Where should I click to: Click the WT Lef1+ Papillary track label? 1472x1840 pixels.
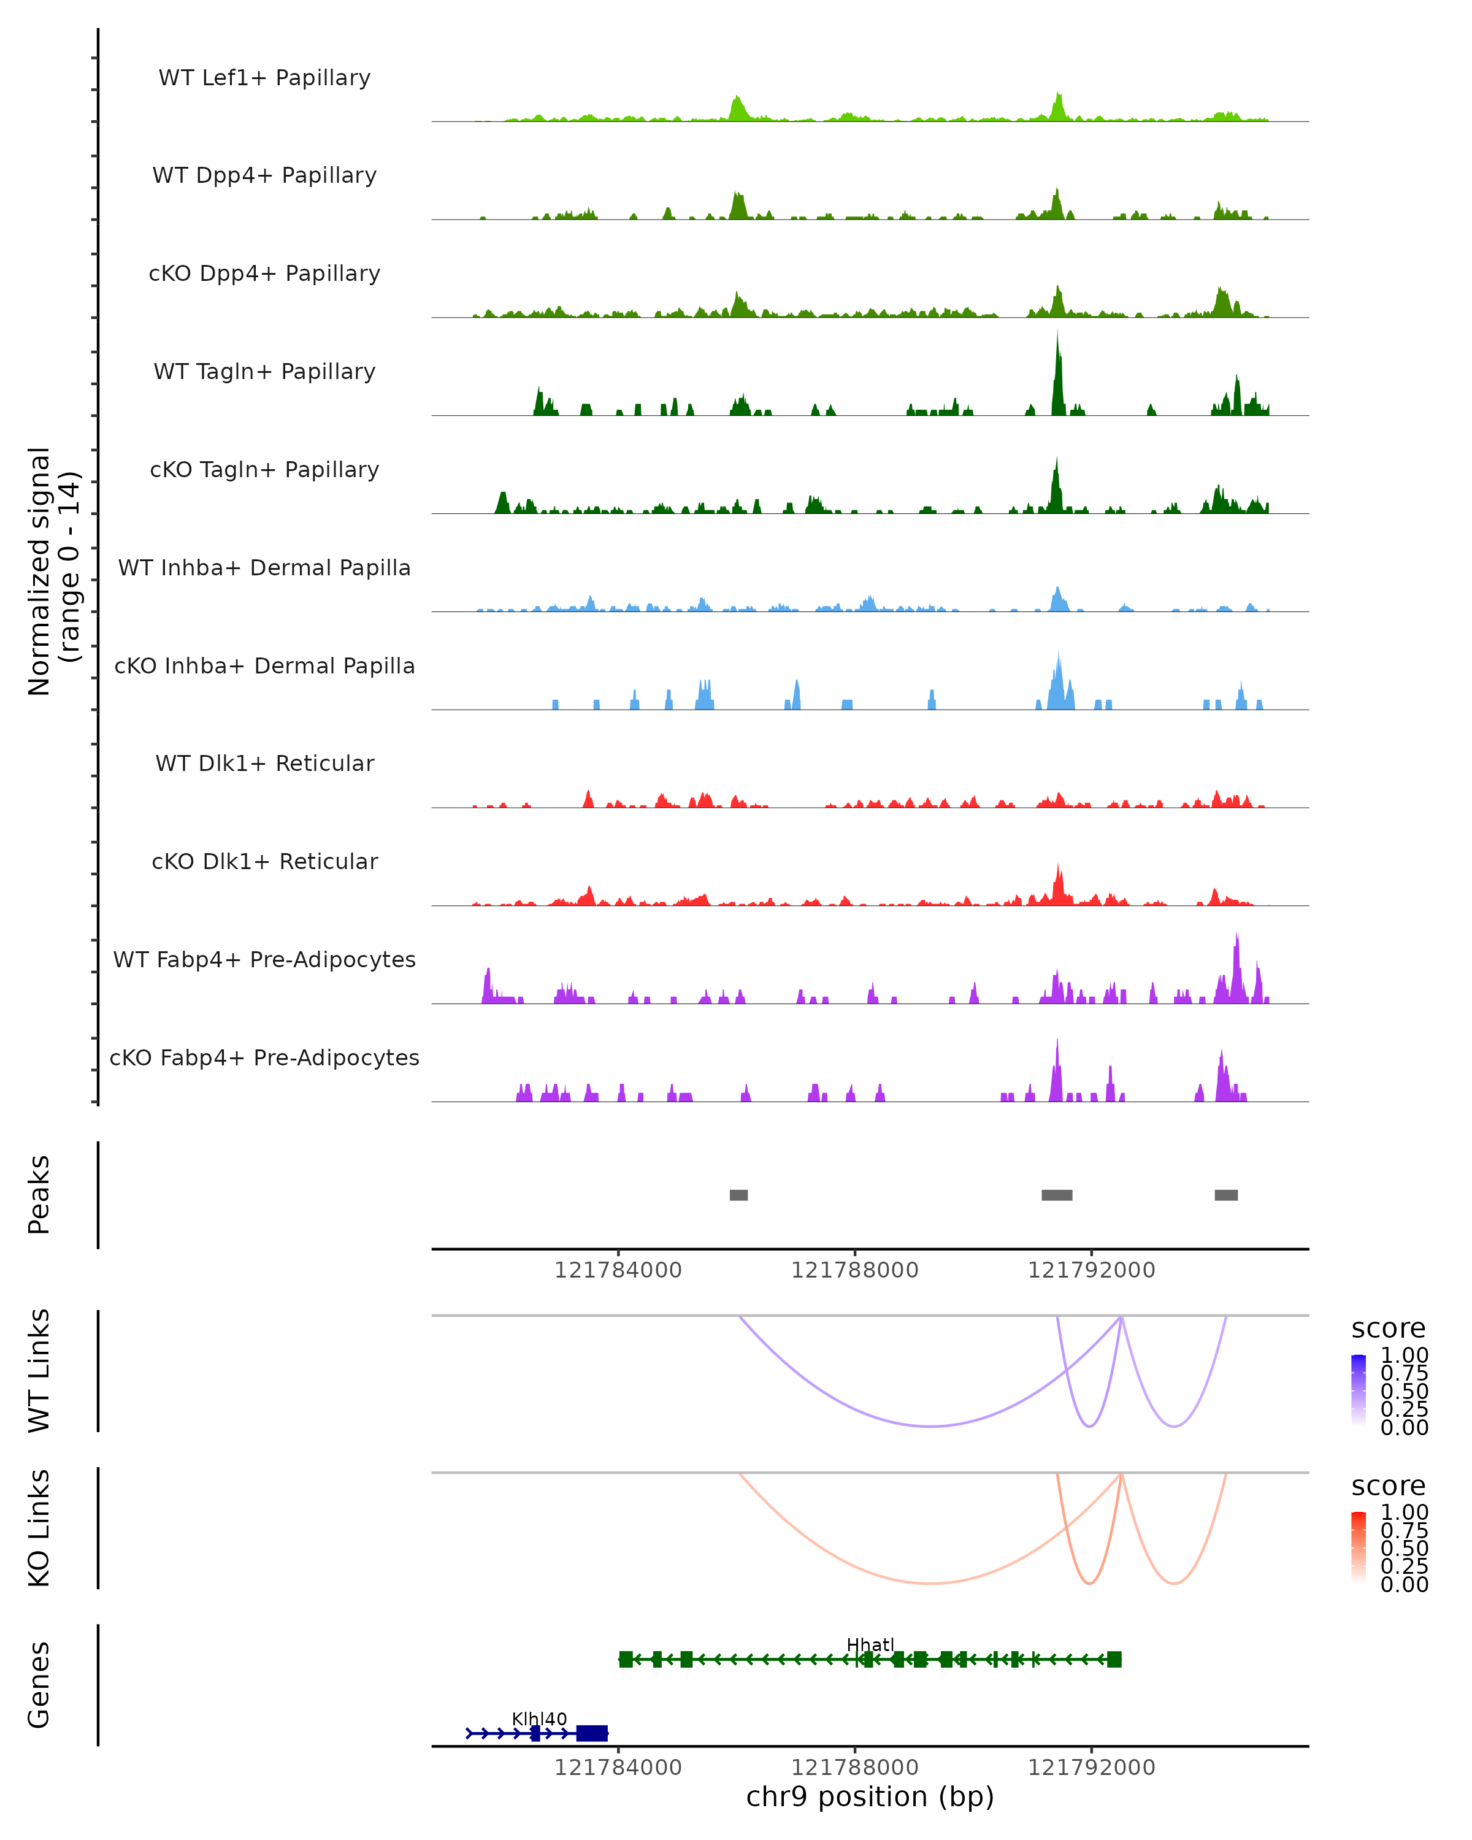point(264,79)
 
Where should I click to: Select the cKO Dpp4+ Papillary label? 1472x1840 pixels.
point(264,274)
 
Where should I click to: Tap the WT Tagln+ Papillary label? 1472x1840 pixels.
point(264,372)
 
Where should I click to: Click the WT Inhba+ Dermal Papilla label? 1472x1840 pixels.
point(264,569)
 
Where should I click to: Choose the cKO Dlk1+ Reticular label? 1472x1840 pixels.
point(264,862)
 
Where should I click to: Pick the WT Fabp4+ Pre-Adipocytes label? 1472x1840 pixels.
point(264,960)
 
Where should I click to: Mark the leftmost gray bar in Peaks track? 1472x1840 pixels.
point(739,1195)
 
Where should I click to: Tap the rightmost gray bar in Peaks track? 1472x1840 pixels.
point(1226,1195)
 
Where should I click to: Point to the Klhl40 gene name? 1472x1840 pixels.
point(539,1719)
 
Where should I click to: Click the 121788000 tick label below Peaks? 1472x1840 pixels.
point(855,1271)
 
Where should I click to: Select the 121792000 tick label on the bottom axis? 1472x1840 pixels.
point(1091,1768)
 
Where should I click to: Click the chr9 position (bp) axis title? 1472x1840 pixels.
point(870,1797)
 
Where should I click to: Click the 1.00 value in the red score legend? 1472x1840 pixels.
point(1405,1512)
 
